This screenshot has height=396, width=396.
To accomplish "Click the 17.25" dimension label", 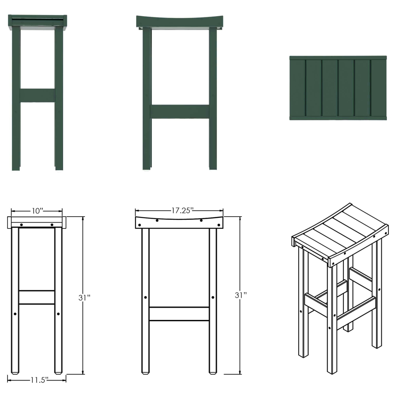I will coord(179,210).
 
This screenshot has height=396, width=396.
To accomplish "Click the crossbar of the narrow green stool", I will coord(37,95).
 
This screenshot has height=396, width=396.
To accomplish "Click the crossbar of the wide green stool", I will coord(180,112).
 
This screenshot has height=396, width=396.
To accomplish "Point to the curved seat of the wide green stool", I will coord(180,22).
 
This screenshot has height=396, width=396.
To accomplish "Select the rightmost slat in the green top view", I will coord(379,88).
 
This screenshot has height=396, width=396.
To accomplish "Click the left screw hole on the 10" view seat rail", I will coord(21,225).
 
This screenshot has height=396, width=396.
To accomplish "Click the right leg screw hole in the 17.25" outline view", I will coord(213,297).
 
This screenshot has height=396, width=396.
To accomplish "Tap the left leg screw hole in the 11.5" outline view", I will coord(15,314).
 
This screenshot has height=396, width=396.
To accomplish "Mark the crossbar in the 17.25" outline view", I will coord(179,314).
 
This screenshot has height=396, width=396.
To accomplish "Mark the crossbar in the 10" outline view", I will coord(37,297).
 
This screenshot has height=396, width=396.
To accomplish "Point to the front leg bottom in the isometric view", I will coord(331,368).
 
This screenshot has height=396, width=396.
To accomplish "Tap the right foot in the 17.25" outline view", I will coord(213,371).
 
